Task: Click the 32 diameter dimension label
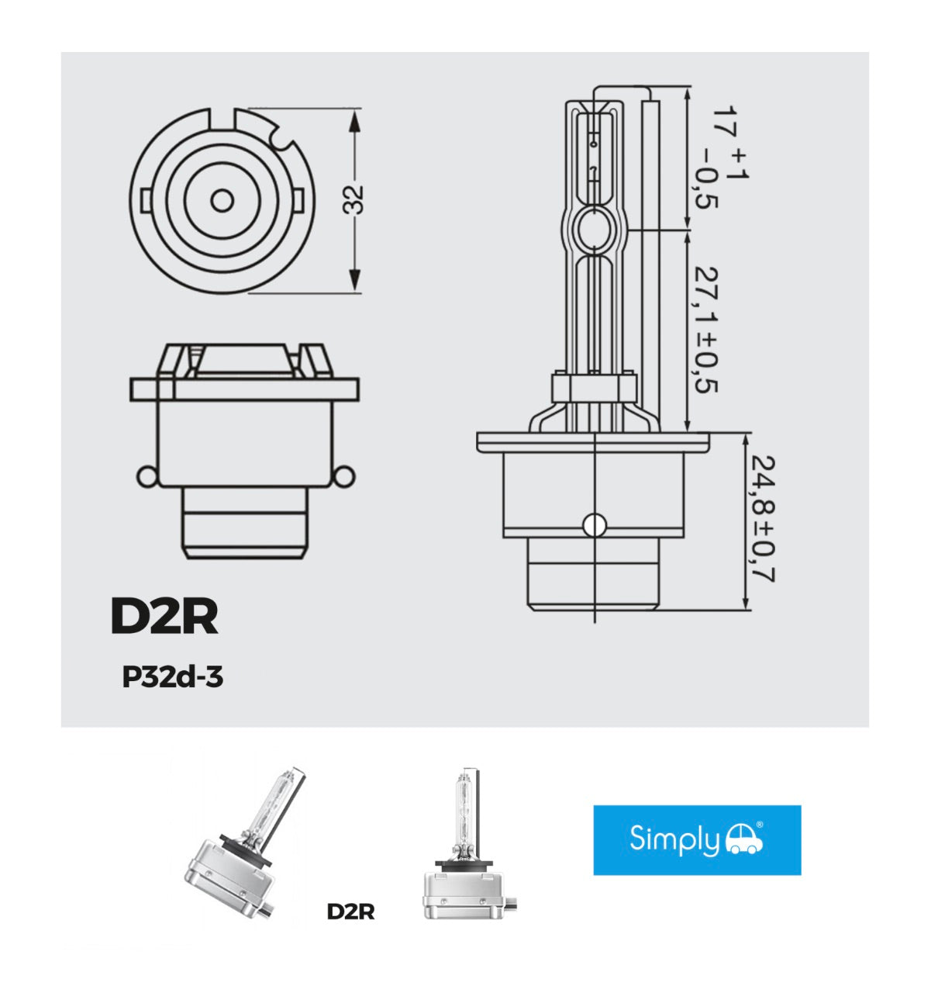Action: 354,199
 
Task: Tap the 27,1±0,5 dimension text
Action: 705,330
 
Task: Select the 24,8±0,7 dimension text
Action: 762,518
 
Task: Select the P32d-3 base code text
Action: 172,677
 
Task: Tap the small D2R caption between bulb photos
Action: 350,912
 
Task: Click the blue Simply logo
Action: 697,840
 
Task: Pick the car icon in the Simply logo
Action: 743,839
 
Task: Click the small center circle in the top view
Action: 222,201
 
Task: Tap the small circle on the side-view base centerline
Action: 595,524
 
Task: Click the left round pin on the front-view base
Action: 146,476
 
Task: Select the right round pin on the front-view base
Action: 344,476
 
